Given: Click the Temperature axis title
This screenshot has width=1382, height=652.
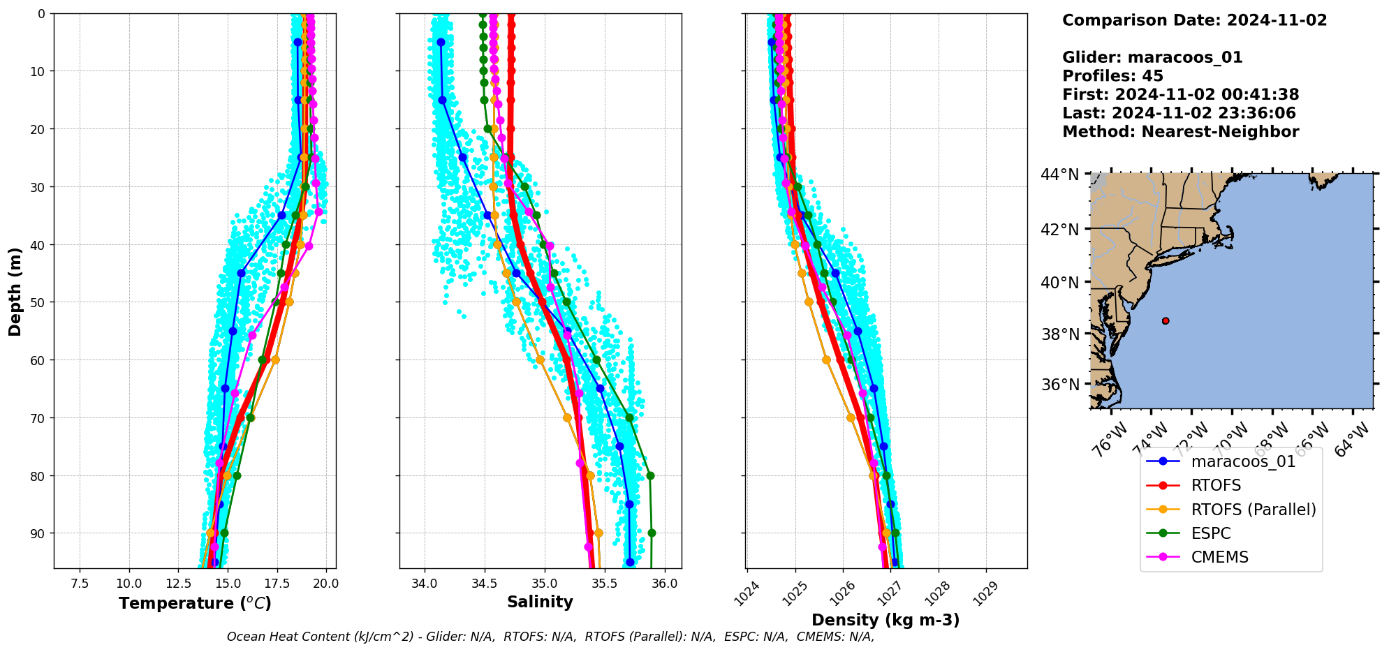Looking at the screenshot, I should pyautogui.click(x=195, y=603).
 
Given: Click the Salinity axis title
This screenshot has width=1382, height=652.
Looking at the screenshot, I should pyautogui.click(x=540, y=602).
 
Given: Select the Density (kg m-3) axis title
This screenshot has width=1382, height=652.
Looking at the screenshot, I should pyautogui.click(x=885, y=620).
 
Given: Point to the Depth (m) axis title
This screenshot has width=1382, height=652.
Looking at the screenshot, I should pyautogui.click(x=15, y=291).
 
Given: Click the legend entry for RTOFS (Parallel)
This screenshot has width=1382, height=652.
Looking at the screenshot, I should pyautogui.click(x=1253, y=510).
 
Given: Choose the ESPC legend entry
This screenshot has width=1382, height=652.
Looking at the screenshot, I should pyautogui.click(x=1211, y=533).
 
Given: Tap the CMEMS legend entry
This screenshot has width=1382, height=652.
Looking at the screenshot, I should pyautogui.click(x=1219, y=557).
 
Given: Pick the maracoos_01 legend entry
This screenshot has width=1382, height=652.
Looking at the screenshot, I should pyautogui.click(x=1243, y=461).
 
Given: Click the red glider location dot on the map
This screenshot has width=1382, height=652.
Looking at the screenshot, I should pyautogui.click(x=1166, y=321).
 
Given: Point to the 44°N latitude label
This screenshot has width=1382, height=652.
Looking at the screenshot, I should pyautogui.click(x=1059, y=175).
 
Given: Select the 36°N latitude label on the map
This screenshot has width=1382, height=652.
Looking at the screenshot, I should pyautogui.click(x=1059, y=385).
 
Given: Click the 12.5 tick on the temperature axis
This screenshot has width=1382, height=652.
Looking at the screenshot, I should pyautogui.click(x=178, y=584).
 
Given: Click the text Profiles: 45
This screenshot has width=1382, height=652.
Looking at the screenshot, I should pyautogui.click(x=1112, y=76).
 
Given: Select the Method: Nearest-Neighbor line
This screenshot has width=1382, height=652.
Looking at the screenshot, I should pyautogui.click(x=1180, y=132).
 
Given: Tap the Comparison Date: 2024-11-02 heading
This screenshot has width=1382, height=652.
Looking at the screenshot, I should pyautogui.click(x=1194, y=20).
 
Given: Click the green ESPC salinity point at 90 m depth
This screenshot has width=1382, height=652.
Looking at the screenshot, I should pyautogui.click(x=652, y=533).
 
